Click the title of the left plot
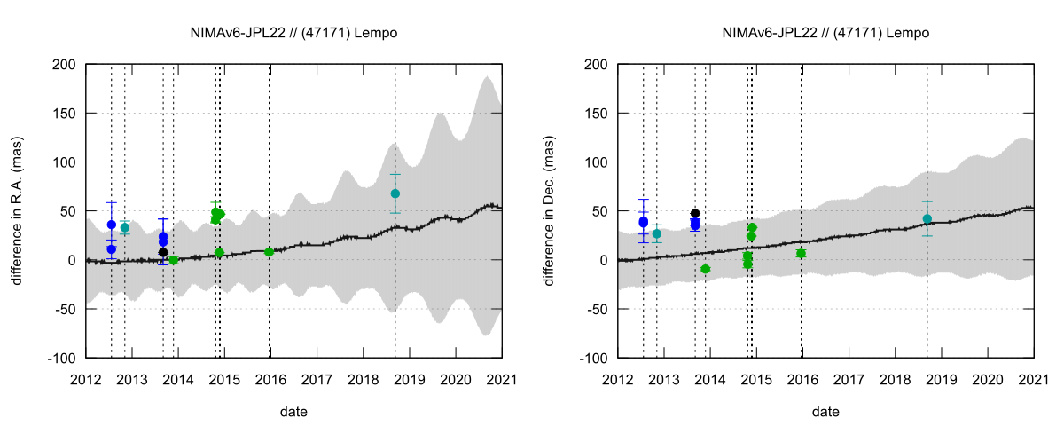pos(293,33)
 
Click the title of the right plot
pos(825,33)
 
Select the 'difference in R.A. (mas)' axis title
pos(18,211)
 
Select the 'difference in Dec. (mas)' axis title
pos(550,211)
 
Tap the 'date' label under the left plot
pos(293,412)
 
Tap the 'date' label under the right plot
pos(825,412)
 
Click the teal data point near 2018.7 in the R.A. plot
pos(395,193)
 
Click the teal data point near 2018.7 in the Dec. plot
pos(927,218)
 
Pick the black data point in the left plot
pos(163,252)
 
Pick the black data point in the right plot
pos(695,214)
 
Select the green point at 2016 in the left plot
pos(269,252)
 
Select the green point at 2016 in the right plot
pos(801,253)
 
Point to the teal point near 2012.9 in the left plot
pos(125,227)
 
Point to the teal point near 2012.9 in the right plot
pos(657,233)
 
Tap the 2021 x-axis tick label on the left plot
pos(502,379)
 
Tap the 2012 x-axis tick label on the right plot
pos(618,379)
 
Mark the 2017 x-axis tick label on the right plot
pos(849,379)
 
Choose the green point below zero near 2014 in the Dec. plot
pos(706,269)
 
